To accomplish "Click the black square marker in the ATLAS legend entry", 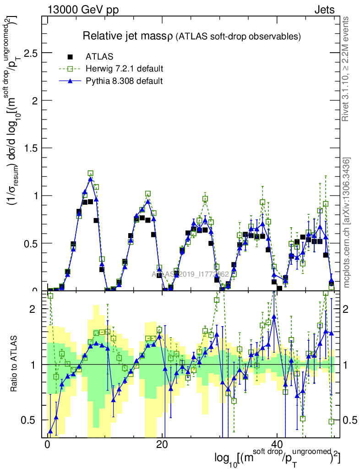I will click(x=70, y=57).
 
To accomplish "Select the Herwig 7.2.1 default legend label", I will click(x=125, y=69).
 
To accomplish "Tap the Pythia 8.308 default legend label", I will click(x=124, y=81).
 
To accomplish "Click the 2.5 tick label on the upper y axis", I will click(x=31, y=53).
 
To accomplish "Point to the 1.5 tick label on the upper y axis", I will click(x=31, y=148).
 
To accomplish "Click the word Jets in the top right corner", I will click(x=324, y=10).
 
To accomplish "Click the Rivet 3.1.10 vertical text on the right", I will click(x=347, y=69).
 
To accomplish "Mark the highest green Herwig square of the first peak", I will click(x=90, y=173).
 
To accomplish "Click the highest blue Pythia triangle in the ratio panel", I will click(x=273, y=316).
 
